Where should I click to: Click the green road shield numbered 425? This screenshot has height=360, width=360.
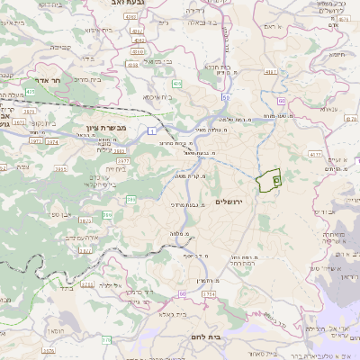[30, 91]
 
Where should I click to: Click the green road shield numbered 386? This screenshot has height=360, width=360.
[130, 199]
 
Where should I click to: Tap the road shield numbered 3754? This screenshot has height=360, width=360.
[208, 292]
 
